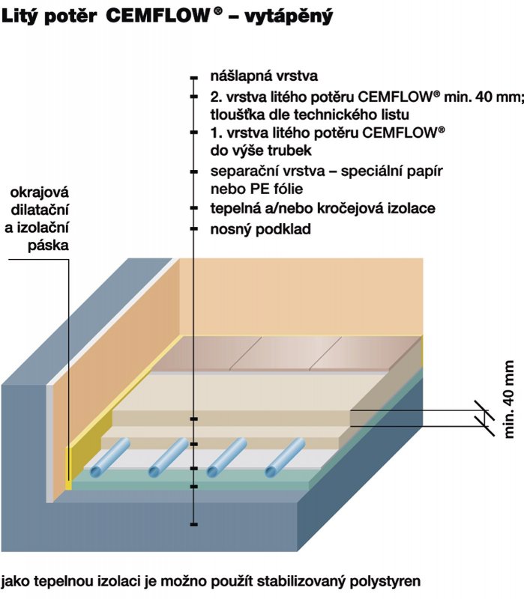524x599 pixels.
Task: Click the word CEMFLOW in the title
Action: pyautogui.click(x=158, y=16)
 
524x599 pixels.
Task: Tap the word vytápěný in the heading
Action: pyautogui.click(x=289, y=16)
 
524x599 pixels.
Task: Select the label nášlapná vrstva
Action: pyautogui.click(x=264, y=76)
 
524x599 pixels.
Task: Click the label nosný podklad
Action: pyautogui.click(x=260, y=229)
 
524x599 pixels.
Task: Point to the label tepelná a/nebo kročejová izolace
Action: pyautogui.click(x=323, y=209)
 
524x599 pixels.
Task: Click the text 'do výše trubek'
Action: pyautogui.click(x=261, y=150)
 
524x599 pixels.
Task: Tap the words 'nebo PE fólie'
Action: pyautogui.click(x=256, y=189)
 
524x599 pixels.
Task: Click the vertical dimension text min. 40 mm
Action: pyautogui.click(x=509, y=399)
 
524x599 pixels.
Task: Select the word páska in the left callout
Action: pyautogui.click(x=48, y=246)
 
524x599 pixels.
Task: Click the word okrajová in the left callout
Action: pyautogui.click(x=40, y=192)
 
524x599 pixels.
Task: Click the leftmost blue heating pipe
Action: pyautogui.click(x=110, y=457)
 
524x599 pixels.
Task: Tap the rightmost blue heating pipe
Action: pyautogui.click(x=285, y=457)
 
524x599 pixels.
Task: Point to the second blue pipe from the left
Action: pyautogui.click(x=168, y=457)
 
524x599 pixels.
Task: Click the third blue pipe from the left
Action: pyautogui.click(x=227, y=457)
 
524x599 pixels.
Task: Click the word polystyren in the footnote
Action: pyautogui.click(x=385, y=582)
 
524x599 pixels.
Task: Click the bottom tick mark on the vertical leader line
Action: pyautogui.click(x=194, y=524)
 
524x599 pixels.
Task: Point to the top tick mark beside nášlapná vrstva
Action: pyautogui.click(x=194, y=79)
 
